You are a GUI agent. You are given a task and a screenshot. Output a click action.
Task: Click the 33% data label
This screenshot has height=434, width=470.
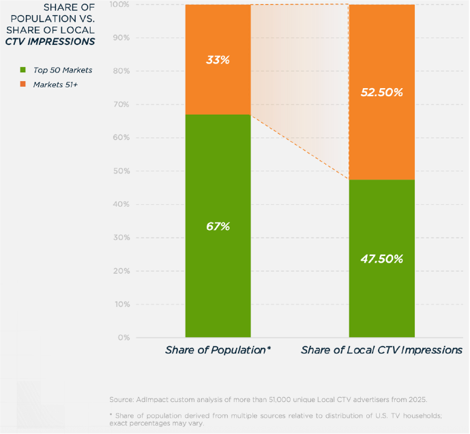(218, 59)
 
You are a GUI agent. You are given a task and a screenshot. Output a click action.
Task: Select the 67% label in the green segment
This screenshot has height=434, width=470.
(218, 227)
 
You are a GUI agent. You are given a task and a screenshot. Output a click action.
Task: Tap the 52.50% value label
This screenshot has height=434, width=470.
(382, 92)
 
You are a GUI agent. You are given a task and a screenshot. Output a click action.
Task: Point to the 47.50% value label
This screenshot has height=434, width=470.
(382, 259)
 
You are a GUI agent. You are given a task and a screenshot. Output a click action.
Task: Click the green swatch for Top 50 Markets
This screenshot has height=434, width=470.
(23, 70)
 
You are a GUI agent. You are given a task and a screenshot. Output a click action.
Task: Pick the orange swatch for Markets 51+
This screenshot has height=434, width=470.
(23, 84)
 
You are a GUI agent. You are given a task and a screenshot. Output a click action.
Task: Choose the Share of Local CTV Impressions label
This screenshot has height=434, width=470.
(382, 350)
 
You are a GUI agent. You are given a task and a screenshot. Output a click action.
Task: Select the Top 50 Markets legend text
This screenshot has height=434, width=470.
(62, 70)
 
